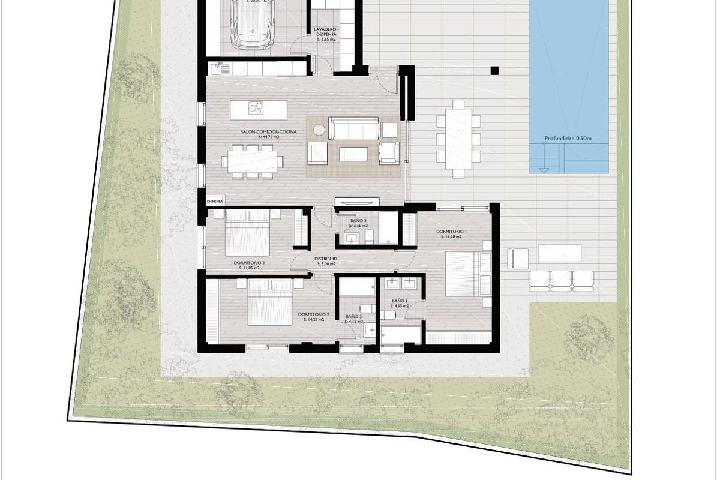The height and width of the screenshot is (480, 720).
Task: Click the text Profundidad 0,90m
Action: pyautogui.click(x=568, y=139)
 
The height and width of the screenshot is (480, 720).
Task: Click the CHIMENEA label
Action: pyautogui.click(x=215, y=202)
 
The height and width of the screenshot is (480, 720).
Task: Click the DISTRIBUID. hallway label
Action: pyautogui.click(x=326, y=259)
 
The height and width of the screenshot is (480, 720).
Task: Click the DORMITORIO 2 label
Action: pyautogui.click(x=313, y=314)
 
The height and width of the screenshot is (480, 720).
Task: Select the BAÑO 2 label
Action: pyautogui.click(x=354, y=316)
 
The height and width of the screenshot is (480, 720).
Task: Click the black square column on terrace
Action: pyautogui.click(x=494, y=70)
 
